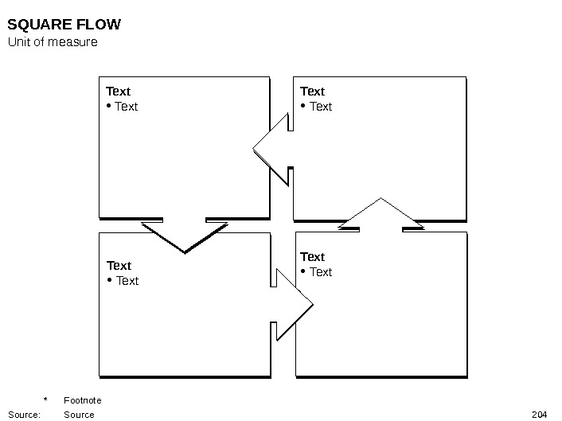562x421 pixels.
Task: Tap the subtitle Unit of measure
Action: pos(53,41)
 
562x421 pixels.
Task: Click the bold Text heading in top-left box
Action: pos(118,92)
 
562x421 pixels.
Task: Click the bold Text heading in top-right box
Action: pos(312,92)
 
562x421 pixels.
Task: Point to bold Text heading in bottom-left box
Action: pos(119,265)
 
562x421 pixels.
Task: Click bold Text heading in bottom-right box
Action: pos(312,256)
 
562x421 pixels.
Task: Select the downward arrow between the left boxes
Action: pos(185,235)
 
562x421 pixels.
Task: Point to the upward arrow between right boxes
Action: pos(381,215)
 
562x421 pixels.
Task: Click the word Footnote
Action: pos(82,400)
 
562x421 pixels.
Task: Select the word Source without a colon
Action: pos(79,415)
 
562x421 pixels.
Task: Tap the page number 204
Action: pos(539,415)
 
